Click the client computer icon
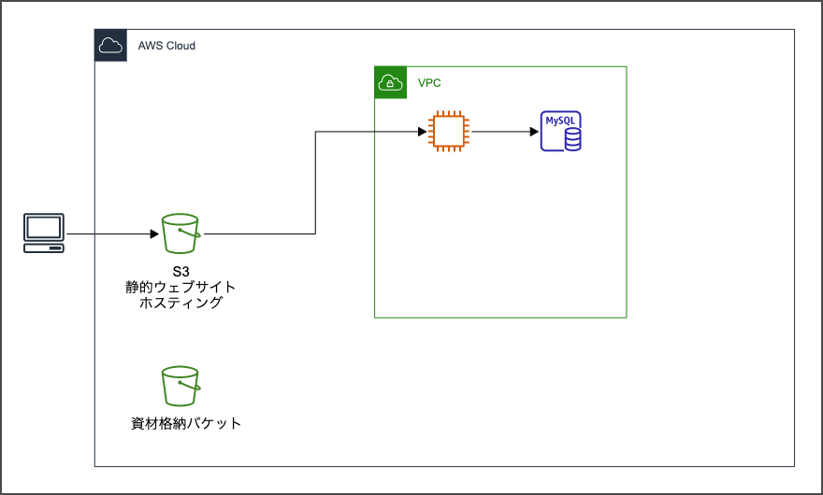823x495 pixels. [44, 233]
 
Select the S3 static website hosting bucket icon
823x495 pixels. [180, 233]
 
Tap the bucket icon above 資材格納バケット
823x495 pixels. [180, 386]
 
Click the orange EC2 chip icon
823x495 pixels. [449, 132]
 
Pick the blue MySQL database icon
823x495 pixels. [561, 132]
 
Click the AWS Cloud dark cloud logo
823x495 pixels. [110, 45]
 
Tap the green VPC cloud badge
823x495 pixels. [390, 82]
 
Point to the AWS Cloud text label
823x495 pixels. [166, 46]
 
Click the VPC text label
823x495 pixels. [429, 83]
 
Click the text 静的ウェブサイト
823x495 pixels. [180, 287]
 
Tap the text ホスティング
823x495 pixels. [180, 303]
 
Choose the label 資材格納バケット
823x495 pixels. [186, 424]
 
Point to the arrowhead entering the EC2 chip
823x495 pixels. [422, 132]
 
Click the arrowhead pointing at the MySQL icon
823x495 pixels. [533, 132]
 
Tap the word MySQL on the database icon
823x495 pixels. [562, 121]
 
